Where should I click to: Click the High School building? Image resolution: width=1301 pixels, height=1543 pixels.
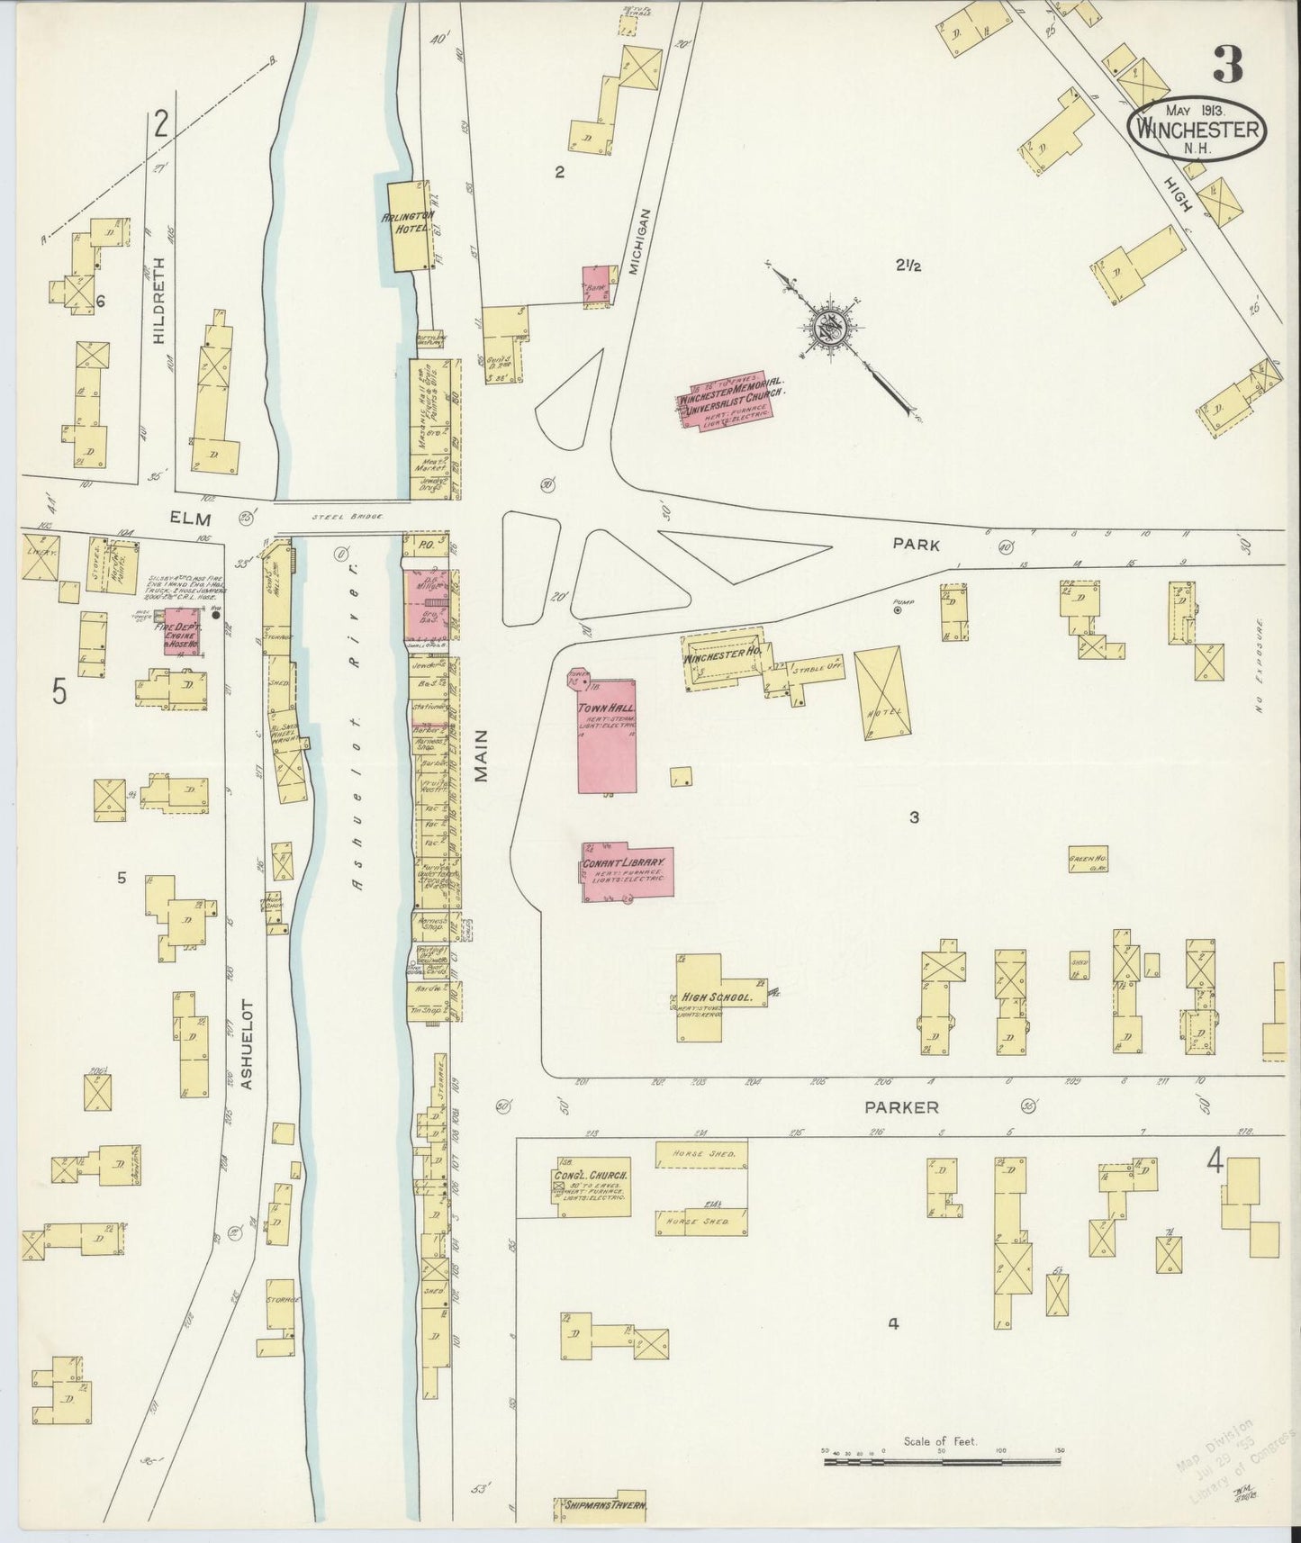[x=712, y=997]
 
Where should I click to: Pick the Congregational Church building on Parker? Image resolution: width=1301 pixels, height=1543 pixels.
[x=592, y=1192]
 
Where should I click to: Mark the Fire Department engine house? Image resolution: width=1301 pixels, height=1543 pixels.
[x=181, y=630]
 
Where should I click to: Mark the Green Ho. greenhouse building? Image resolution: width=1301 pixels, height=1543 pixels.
[x=1088, y=860]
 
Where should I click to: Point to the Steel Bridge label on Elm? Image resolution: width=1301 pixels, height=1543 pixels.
[x=348, y=517]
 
